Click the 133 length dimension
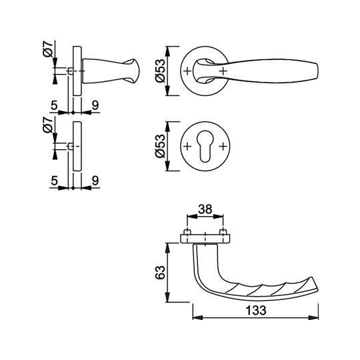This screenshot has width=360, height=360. point(256,311)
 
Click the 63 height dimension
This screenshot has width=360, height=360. point(160,272)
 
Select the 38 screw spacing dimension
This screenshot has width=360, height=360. point(205,209)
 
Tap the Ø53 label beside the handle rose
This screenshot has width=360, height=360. point(160,71)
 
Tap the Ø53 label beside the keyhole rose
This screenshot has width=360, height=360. point(160,146)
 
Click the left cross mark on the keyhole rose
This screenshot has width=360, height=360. point(187,146)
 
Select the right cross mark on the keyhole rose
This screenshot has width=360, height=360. point(223,146)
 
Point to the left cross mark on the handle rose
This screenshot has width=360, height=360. point(187,71)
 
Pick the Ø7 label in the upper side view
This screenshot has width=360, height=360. point(48,49)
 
